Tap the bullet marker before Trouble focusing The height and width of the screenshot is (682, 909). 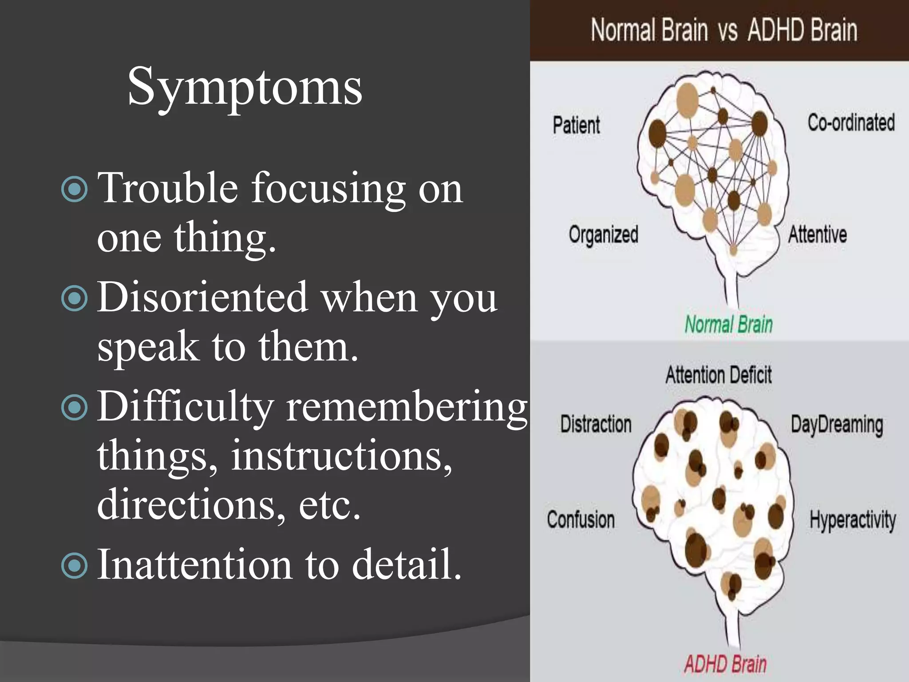tap(74, 190)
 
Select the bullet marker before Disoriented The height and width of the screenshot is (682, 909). tap(74, 298)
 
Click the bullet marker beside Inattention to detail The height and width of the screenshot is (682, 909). tap(74, 566)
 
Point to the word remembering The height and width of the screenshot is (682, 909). tap(406, 407)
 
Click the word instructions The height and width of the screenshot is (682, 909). tap(341, 456)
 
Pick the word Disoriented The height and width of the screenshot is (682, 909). tap(202, 297)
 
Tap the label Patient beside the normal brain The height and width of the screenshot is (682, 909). tap(576, 125)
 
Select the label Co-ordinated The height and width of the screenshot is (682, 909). tap(850, 123)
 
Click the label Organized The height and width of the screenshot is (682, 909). tap(603, 234)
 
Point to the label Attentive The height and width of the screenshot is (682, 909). tap(817, 234)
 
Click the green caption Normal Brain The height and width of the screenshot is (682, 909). tap(728, 324)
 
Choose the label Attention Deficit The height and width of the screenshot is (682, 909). tap(718, 375)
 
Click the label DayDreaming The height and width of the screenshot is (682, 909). tap(837, 425)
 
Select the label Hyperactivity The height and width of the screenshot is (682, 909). tap(852, 520)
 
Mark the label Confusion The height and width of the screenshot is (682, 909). tap(581, 519)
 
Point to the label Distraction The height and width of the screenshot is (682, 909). tap(596, 424)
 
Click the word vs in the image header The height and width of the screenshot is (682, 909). tap(727, 31)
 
